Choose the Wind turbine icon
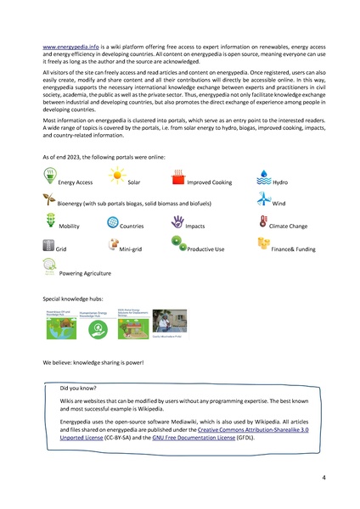click(262, 199)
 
